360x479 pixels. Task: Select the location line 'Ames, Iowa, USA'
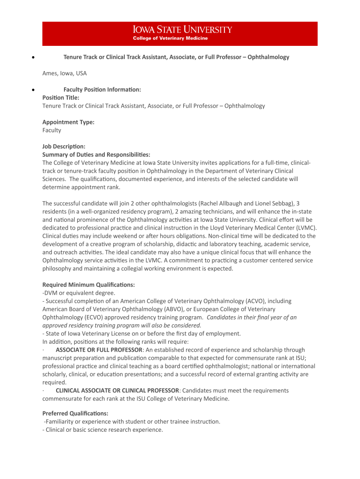[65, 73]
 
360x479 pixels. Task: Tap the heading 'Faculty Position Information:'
[102, 89]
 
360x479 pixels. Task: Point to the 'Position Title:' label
[61, 98]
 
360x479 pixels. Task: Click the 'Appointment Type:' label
[68, 122]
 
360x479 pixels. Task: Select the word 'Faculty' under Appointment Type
[52, 131]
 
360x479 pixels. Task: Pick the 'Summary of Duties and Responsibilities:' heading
[96, 154]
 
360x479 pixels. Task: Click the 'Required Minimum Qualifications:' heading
[88, 284]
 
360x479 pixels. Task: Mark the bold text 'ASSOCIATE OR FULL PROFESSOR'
[99, 350]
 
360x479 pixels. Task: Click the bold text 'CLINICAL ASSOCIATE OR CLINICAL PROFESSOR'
[117, 391]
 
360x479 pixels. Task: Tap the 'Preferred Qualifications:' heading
[75, 414]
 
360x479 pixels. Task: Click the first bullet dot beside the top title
[32, 58]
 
